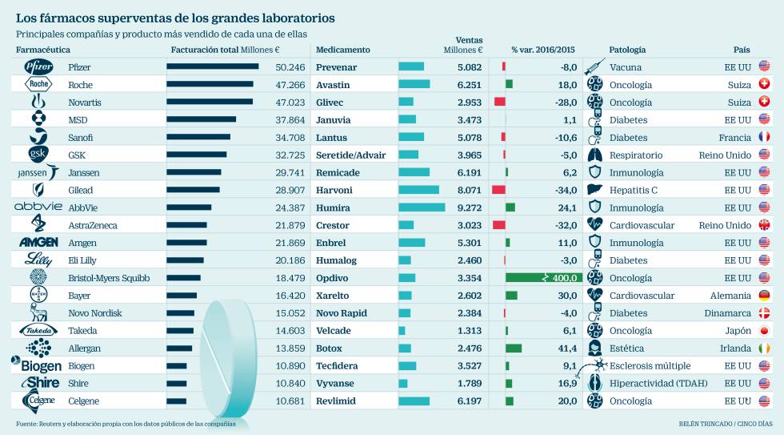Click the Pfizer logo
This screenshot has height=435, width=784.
(x=38, y=66)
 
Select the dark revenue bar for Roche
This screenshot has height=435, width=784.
(x=210, y=84)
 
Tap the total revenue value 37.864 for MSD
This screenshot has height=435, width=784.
(x=290, y=120)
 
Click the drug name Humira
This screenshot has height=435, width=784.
(x=333, y=207)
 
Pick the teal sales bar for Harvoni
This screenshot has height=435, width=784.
(x=419, y=190)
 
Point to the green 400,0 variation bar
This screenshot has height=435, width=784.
(x=544, y=277)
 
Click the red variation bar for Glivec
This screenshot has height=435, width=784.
(x=499, y=102)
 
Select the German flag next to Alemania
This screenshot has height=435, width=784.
(x=764, y=296)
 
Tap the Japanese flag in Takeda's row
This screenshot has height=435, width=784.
(x=764, y=330)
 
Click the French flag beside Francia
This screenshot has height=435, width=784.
(x=764, y=137)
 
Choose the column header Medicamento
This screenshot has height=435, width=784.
(x=343, y=50)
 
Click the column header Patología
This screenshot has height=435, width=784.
(x=627, y=50)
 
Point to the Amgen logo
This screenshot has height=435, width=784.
(x=38, y=242)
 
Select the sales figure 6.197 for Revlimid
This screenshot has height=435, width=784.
(x=470, y=401)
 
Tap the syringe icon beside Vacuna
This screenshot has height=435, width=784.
(x=594, y=66)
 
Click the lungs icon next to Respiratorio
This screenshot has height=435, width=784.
(x=594, y=155)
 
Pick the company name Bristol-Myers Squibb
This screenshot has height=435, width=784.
(x=109, y=278)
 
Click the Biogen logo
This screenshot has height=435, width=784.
(x=37, y=365)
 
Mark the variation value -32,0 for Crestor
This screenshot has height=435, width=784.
(x=566, y=225)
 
